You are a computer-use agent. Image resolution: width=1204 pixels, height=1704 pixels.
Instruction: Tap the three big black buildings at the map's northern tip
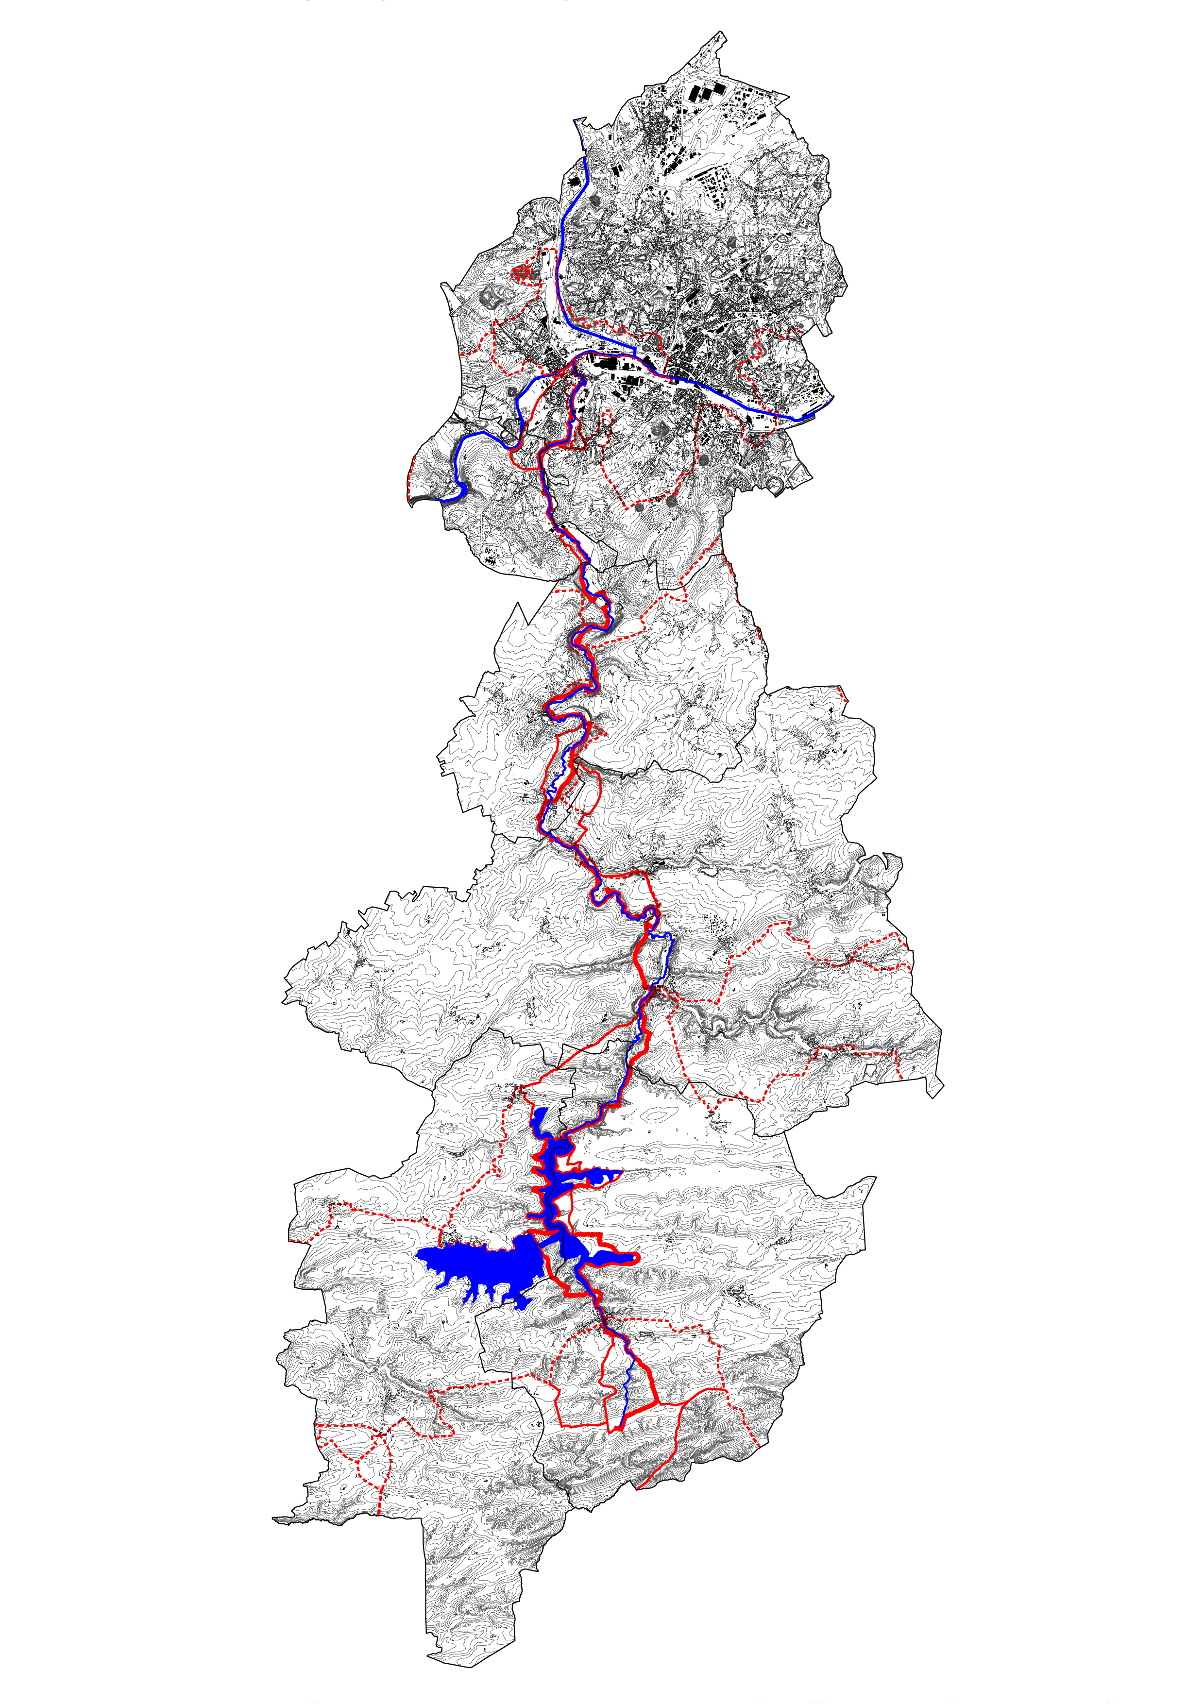point(705,92)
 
